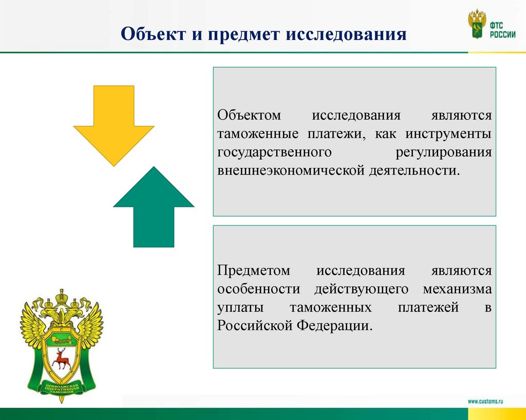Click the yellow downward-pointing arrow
[x=114, y=123]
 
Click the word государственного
[x=273, y=152]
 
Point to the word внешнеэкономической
[x=290, y=170]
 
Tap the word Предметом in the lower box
[x=254, y=271]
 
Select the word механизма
[x=457, y=289]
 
